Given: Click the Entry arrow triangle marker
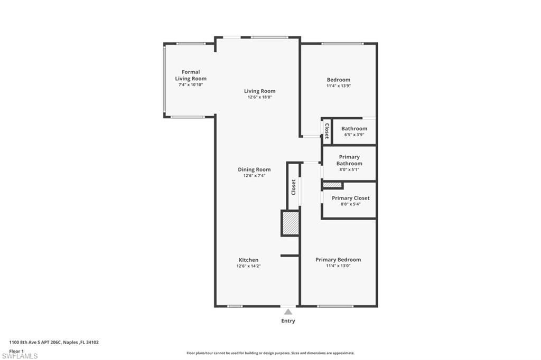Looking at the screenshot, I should pyautogui.click(x=288, y=312).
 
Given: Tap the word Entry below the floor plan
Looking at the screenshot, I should pyautogui.click(x=288, y=321).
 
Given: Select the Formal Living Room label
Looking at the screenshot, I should pyautogui.click(x=191, y=75).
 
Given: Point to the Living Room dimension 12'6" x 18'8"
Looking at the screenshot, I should pyautogui.click(x=259, y=97).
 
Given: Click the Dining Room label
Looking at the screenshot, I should pyautogui.click(x=254, y=169).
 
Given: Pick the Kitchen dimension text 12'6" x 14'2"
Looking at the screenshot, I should pyautogui.click(x=248, y=266).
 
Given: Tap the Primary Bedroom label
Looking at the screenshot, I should pyautogui.click(x=338, y=260).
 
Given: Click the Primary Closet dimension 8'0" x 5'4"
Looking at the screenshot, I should pyautogui.click(x=351, y=204).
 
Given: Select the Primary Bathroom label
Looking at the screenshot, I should pyautogui.click(x=349, y=160).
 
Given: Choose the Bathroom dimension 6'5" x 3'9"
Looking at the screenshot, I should pyautogui.click(x=354, y=135).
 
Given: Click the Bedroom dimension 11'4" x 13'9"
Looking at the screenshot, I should pyautogui.click(x=338, y=86).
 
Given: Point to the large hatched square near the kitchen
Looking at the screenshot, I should pyautogui.click(x=290, y=223).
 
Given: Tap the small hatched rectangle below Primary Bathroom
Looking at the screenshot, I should pyautogui.click(x=332, y=185).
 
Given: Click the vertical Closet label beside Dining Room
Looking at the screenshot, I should pyautogui.click(x=294, y=187).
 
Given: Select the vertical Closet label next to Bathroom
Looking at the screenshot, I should pyautogui.click(x=327, y=130).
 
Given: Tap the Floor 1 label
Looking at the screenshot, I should pyautogui.click(x=17, y=350).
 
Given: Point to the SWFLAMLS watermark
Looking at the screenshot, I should pyautogui.click(x=20, y=356).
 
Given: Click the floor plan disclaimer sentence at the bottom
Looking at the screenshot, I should pyautogui.click(x=270, y=353).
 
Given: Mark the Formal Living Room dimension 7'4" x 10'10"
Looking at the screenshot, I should pyautogui.click(x=191, y=84).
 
